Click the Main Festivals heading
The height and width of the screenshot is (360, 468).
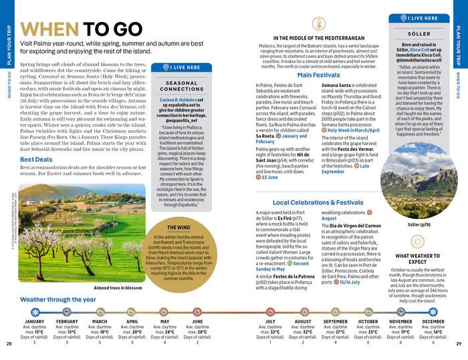319,75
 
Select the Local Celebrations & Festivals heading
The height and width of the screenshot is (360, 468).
318,202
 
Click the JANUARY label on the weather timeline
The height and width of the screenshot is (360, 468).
34,322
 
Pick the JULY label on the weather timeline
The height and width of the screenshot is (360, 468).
270,322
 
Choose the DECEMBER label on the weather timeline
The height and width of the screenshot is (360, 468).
433,322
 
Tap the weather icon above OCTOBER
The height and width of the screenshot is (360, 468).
368,311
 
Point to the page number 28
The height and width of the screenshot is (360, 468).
9,344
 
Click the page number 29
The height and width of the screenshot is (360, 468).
459,344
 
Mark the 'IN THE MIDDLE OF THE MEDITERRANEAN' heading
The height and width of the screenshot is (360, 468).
318,38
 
